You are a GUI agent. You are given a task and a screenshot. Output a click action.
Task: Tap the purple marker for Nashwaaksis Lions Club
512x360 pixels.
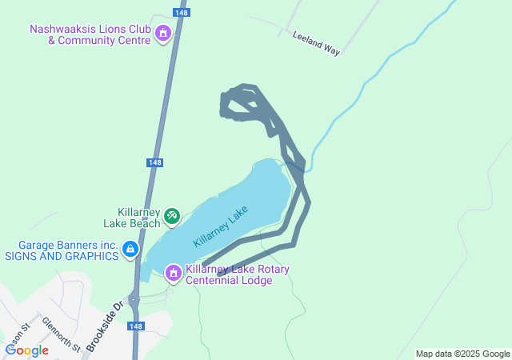(163, 34)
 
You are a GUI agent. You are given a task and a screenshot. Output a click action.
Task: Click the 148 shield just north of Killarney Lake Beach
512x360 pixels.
(155, 162)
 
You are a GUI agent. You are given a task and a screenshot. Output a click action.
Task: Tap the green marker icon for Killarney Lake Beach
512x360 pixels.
(171, 216)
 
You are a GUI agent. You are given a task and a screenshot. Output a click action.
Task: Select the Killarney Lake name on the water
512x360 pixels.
(221, 226)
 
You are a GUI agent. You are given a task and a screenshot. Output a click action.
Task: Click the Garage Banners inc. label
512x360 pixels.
(69, 245)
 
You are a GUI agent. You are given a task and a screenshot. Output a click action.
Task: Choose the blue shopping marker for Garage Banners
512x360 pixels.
(130, 251)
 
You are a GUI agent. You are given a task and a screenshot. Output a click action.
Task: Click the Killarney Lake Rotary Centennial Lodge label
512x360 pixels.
(238, 274)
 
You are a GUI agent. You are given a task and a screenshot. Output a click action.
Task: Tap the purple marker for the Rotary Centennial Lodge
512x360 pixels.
(172, 274)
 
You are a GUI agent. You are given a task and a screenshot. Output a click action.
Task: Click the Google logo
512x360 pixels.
(26, 350)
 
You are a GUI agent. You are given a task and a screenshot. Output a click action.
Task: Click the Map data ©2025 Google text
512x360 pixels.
(462, 354)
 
